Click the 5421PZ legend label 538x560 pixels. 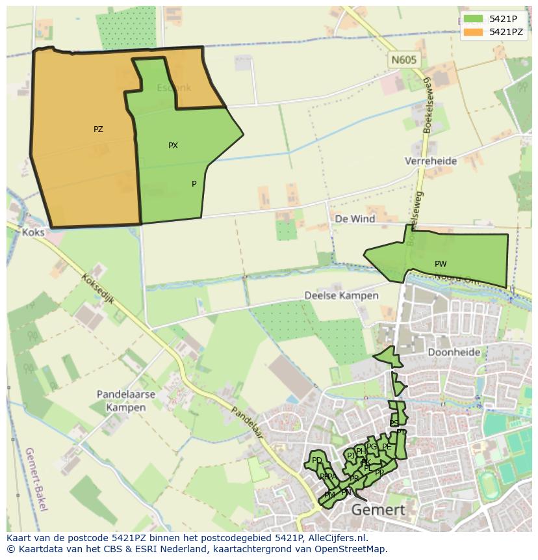coord(506,32)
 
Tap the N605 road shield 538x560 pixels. coord(403,60)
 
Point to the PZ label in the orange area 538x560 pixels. coord(98,129)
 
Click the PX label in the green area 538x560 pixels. coord(173,146)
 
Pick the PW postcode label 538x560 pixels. coord(441,264)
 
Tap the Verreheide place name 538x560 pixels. coord(430,161)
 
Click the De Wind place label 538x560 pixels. coord(355,219)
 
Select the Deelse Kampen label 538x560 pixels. coord(341,295)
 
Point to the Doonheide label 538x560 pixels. coord(454,352)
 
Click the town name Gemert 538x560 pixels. coord(378,510)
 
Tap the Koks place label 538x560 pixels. coord(32,232)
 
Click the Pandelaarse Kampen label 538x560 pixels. coord(125,401)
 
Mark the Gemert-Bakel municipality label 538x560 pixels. coord(35,479)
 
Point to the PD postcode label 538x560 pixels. coord(317,460)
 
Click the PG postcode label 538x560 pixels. coord(372,447)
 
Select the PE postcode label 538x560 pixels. coord(387,447)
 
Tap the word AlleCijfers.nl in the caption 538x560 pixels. coord(337,538)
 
